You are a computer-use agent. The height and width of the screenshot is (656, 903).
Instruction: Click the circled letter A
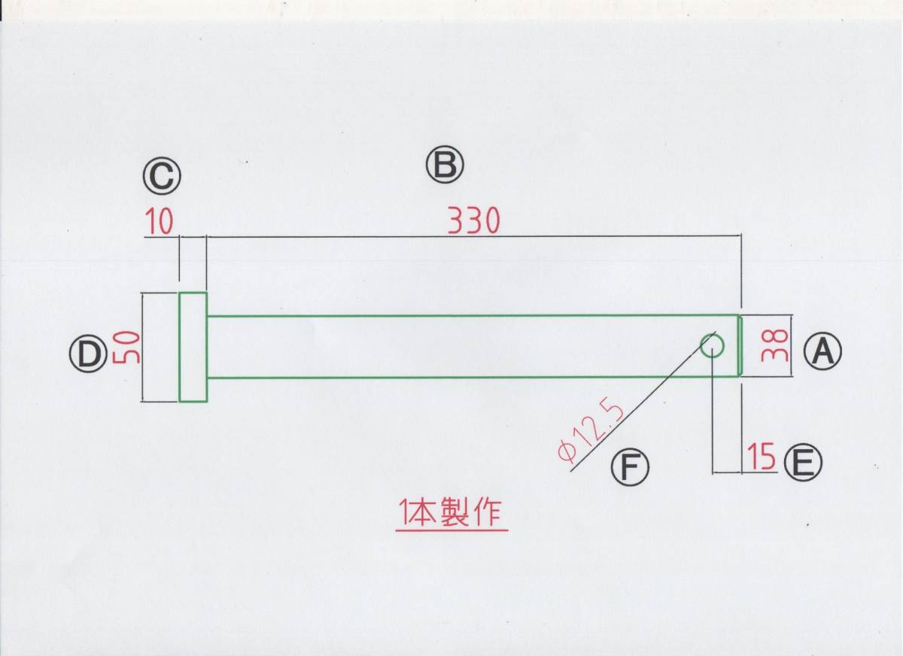tap(822, 350)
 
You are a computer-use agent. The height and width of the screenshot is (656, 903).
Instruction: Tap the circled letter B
tap(445, 165)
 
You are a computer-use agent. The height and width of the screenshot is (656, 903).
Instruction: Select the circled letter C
tap(163, 178)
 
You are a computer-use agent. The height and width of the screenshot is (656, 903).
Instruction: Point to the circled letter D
tap(89, 354)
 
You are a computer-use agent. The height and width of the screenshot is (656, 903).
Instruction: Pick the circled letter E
tap(803, 462)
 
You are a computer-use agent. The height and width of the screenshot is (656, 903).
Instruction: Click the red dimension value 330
tap(473, 220)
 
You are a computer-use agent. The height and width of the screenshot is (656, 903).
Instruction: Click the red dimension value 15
tap(762, 457)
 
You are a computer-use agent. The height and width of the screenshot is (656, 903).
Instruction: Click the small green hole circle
tap(713, 345)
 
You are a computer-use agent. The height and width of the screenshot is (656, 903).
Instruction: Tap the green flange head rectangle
tap(193, 347)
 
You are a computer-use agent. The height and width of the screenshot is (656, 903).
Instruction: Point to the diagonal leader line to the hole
tap(640, 406)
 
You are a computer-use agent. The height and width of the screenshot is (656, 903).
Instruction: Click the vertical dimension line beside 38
tap(792, 345)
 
